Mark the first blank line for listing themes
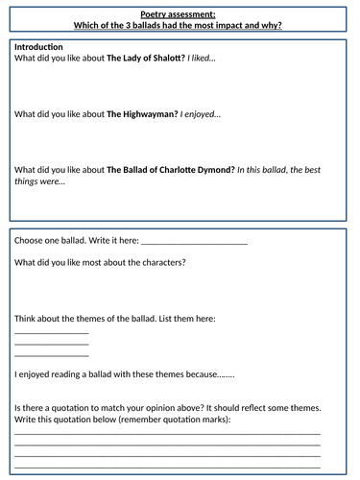click(x=52, y=332)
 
